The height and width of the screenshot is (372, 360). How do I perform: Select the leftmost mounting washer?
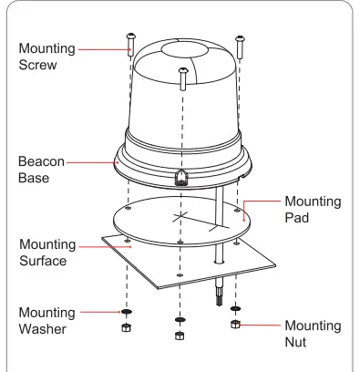pyautogui.click(x=126, y=311)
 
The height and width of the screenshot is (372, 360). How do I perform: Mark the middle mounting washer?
pyautogui.click(x=178, y=322)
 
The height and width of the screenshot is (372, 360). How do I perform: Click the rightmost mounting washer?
pyautogui.click(x=235, y=309)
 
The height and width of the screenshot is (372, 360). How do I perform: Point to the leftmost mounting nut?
pyautogui.click(x=126, y=326)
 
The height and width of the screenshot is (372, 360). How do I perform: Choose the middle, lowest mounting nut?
pyautogui.click(x=178, y=336)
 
